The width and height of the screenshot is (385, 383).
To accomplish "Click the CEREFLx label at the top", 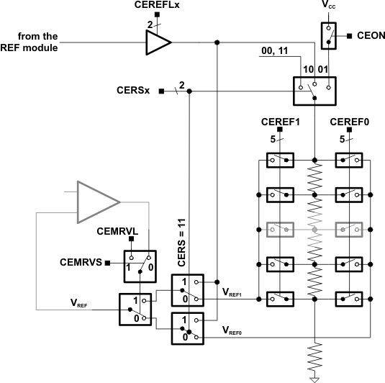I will click(x=158, y=6).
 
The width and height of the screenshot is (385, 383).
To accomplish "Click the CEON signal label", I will click(x=368, y=35).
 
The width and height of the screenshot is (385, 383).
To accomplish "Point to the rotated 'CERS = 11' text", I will click(x=181, y=243).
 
